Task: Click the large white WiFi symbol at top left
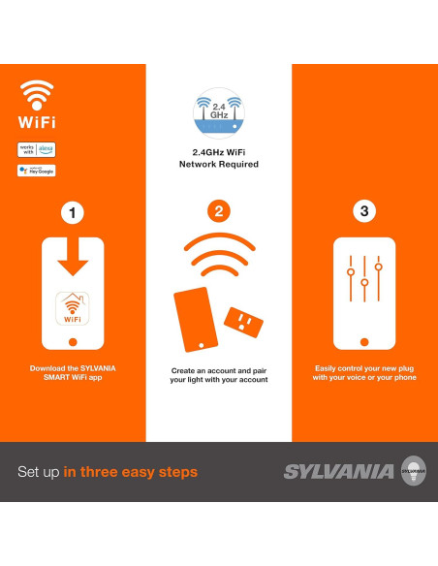36,95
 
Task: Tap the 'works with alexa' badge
36,150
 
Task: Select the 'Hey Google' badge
36,171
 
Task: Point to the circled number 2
218,210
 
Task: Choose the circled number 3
364,211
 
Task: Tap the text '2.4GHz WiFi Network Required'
218,159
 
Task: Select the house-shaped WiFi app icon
73,307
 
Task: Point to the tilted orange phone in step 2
197,316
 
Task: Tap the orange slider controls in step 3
364,282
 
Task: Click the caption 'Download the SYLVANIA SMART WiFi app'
73,374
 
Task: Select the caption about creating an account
218,374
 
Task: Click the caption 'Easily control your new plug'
364,374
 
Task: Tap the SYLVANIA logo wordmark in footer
338,472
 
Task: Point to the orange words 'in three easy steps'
131,473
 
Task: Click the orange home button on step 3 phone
364,340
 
